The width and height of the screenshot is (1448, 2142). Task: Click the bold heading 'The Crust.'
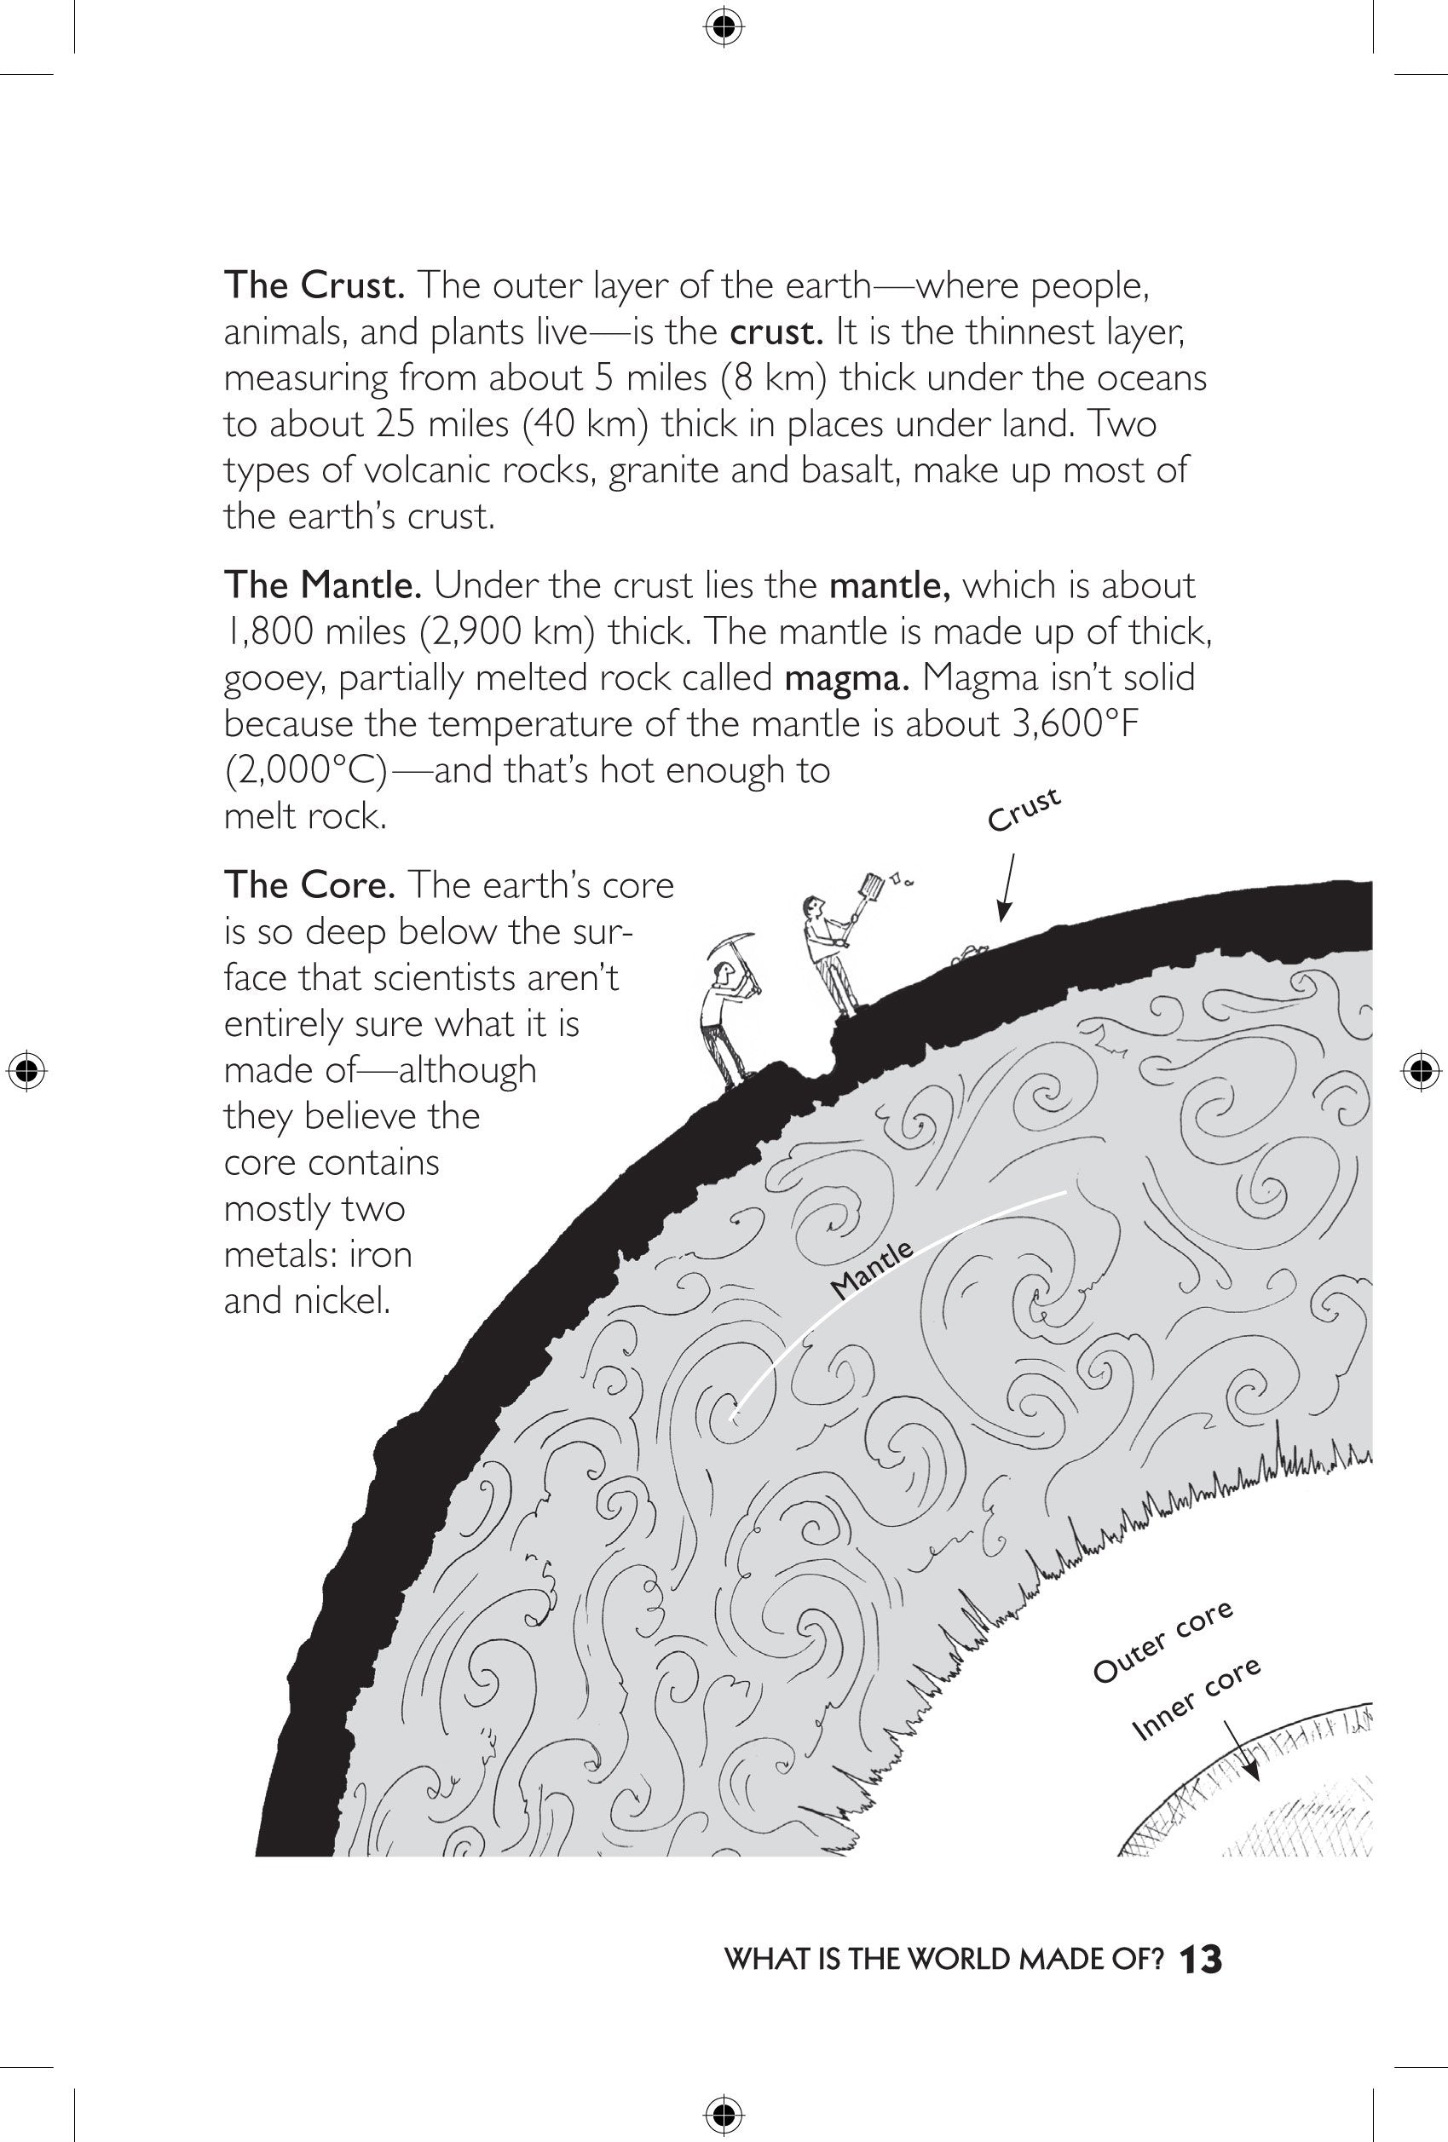[314, 285]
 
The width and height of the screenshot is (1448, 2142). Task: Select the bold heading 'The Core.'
[309, 884]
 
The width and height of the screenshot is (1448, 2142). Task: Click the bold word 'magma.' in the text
[847, 678]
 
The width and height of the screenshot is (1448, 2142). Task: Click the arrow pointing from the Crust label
[1006, 887]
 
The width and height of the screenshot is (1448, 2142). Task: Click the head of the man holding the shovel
[812, 905]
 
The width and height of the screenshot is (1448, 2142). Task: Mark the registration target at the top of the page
[724, 29]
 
